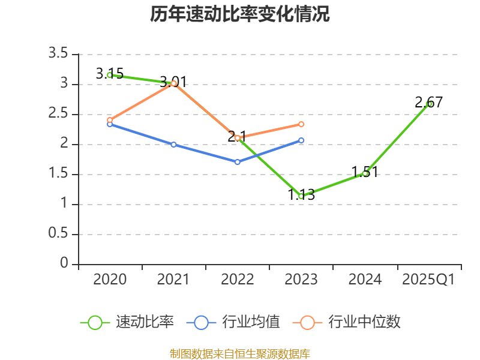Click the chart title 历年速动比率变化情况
click(240, 14)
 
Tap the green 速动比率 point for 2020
click(110, 75)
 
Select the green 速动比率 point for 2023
click(301, 196)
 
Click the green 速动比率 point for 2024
click(365, 173)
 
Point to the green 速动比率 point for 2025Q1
click(429, 104)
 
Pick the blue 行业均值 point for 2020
click(110, 124)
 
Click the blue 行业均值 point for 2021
click(173, 145)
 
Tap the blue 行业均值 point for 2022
click(238, 162)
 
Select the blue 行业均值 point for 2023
click(301, 140)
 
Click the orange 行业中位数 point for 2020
click(110, 120)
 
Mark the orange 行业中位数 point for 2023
click(301, 124)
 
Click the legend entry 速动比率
click(127, 322)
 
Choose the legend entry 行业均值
click(233, 322)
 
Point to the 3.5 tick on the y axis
click(58, 54)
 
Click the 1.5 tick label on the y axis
click(58, 174)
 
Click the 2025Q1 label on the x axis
click(428, 280)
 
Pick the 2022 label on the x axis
click(238, 280)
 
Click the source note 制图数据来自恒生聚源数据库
click(240, 353)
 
